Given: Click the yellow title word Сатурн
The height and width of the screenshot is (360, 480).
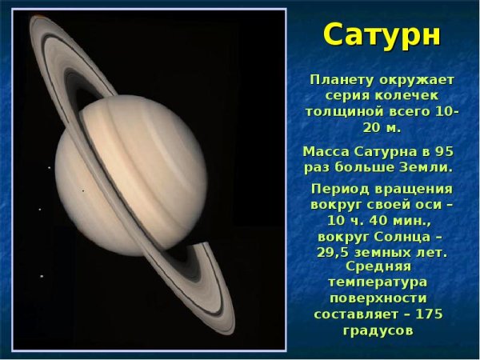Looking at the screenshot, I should [382, 36].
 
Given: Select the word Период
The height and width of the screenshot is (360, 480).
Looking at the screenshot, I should [340, 189].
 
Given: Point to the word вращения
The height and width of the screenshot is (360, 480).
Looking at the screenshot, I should [417, 189].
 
